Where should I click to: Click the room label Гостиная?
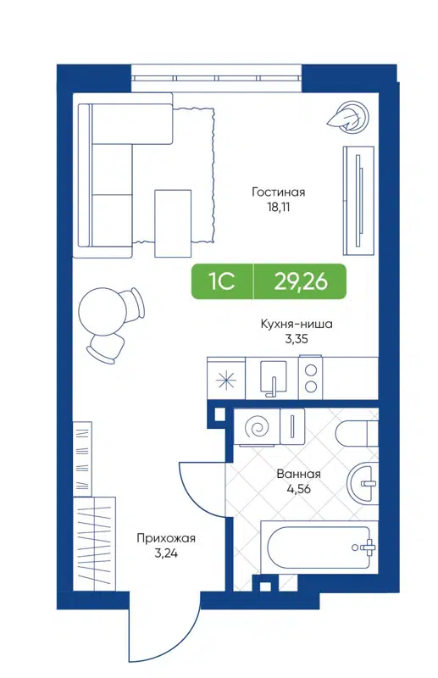click(278, 192)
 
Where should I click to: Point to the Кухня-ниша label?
click(296, 324)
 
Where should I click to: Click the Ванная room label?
click(298, 475)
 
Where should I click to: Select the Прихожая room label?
click(166, 537)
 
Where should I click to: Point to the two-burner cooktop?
click(311, 378)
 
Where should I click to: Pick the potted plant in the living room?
click(349, 117)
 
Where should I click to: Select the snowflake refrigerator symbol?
click(227, 378)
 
